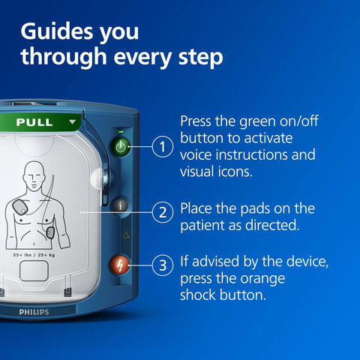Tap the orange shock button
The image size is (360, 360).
point(121,265)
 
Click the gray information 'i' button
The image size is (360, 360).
point(121,203)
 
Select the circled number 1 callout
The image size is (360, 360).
point(162,147)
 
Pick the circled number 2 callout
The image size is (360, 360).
point(162,211)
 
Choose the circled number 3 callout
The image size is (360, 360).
point(162,265)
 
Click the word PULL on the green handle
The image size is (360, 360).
point(34,121)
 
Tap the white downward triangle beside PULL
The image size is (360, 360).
point(72,121)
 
